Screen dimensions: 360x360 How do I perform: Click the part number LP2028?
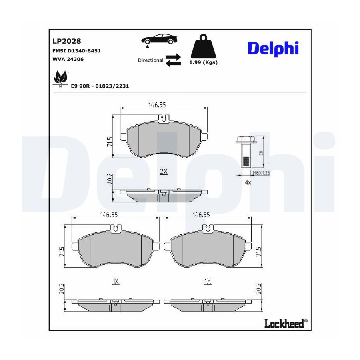pos(67,41)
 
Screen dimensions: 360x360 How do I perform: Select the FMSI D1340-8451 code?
pos(77,51)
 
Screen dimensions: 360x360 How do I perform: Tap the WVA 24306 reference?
pos(68,59)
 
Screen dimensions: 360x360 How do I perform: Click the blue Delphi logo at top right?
pos(273,48)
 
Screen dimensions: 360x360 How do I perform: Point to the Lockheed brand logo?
pos(286,324)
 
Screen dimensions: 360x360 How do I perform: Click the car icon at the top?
pos(159,40)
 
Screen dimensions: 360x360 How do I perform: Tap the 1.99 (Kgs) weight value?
pos(204,62)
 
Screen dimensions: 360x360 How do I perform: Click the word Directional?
pos(151,60)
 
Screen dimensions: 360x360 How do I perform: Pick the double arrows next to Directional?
pos(173,60)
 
